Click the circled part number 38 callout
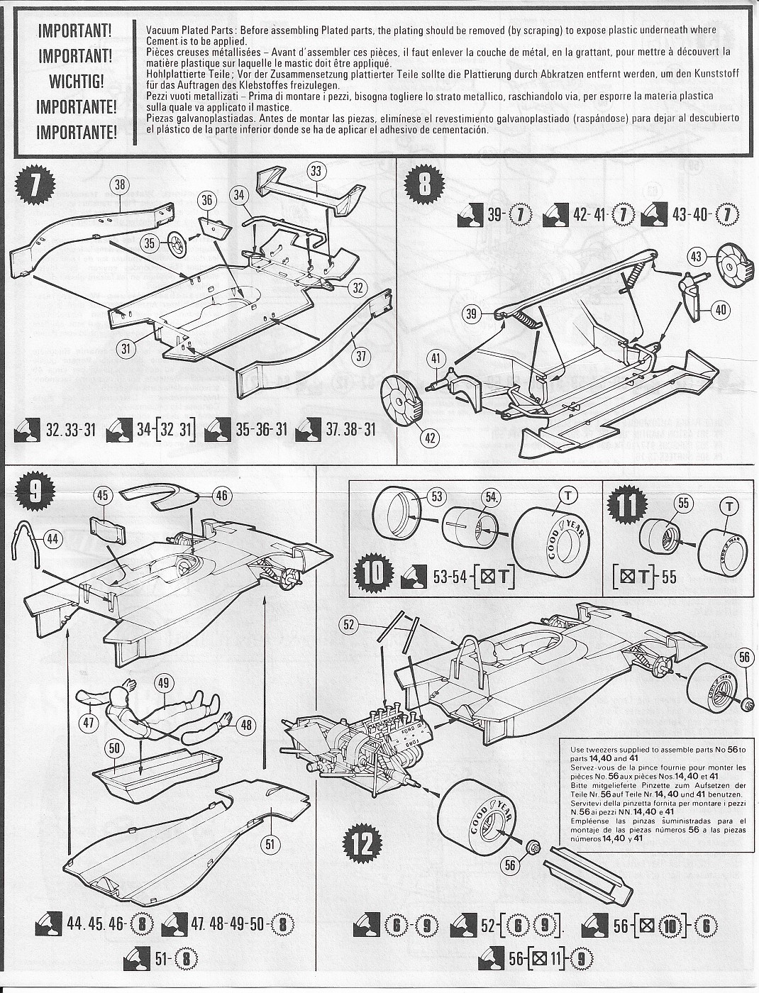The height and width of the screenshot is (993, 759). point(121,185)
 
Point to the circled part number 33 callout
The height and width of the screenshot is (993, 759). point(316,170)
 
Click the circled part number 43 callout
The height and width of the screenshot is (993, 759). point(697,257)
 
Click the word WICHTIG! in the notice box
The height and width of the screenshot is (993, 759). point(76,81)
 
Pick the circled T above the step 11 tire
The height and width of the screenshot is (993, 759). point(726,504)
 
